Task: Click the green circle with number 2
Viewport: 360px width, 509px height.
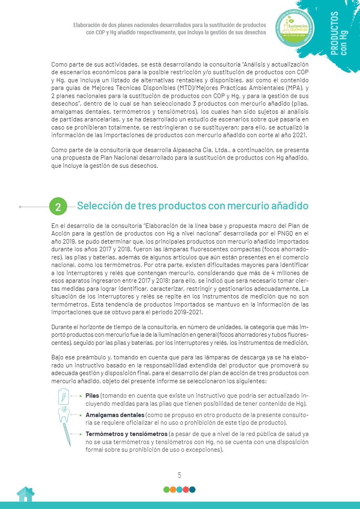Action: (58, 207)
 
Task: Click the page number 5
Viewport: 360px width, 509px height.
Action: (180, 475)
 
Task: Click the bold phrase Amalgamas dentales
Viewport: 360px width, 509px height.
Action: (115, 415)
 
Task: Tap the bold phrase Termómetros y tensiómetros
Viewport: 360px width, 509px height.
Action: (126, 434)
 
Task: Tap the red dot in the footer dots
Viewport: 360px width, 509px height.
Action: (186, 490)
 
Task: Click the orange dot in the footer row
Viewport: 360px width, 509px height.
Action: (173, 490)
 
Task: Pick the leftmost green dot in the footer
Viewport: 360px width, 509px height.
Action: (166, 490)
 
